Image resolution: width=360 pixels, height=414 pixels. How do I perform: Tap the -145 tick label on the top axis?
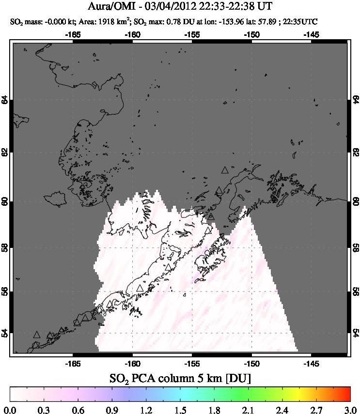pyautogui.click(x=311, y=34)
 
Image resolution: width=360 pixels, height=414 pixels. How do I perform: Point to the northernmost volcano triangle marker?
pyautogui.click(x=224, y=170)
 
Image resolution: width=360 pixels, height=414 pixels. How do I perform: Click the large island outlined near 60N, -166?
pyautogui.click(x=55, y=198)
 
